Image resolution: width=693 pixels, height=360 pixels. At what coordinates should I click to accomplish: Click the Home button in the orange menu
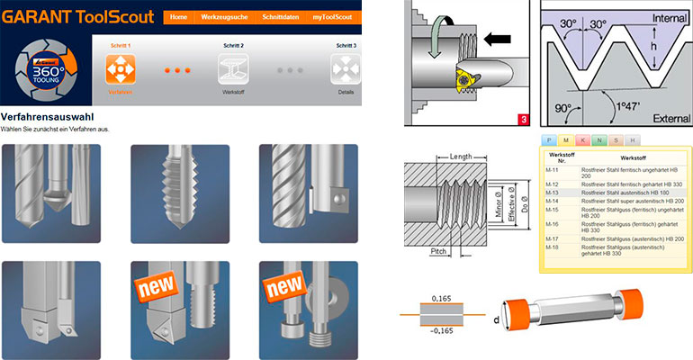tap(179, 16)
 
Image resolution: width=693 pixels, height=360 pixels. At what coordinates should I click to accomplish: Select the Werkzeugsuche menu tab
tap(225, 16)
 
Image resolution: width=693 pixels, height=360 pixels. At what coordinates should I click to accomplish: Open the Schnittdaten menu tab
tap(279, 16)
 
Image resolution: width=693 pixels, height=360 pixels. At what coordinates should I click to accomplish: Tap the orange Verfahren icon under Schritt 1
tap(120, 70)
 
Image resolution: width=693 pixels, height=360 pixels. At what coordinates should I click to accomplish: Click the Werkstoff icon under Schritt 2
tap(232, 70)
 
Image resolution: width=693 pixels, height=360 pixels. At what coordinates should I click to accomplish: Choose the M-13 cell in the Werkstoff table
tap(556, 193)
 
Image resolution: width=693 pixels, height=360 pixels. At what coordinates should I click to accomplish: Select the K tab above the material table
tap(583, 140)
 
